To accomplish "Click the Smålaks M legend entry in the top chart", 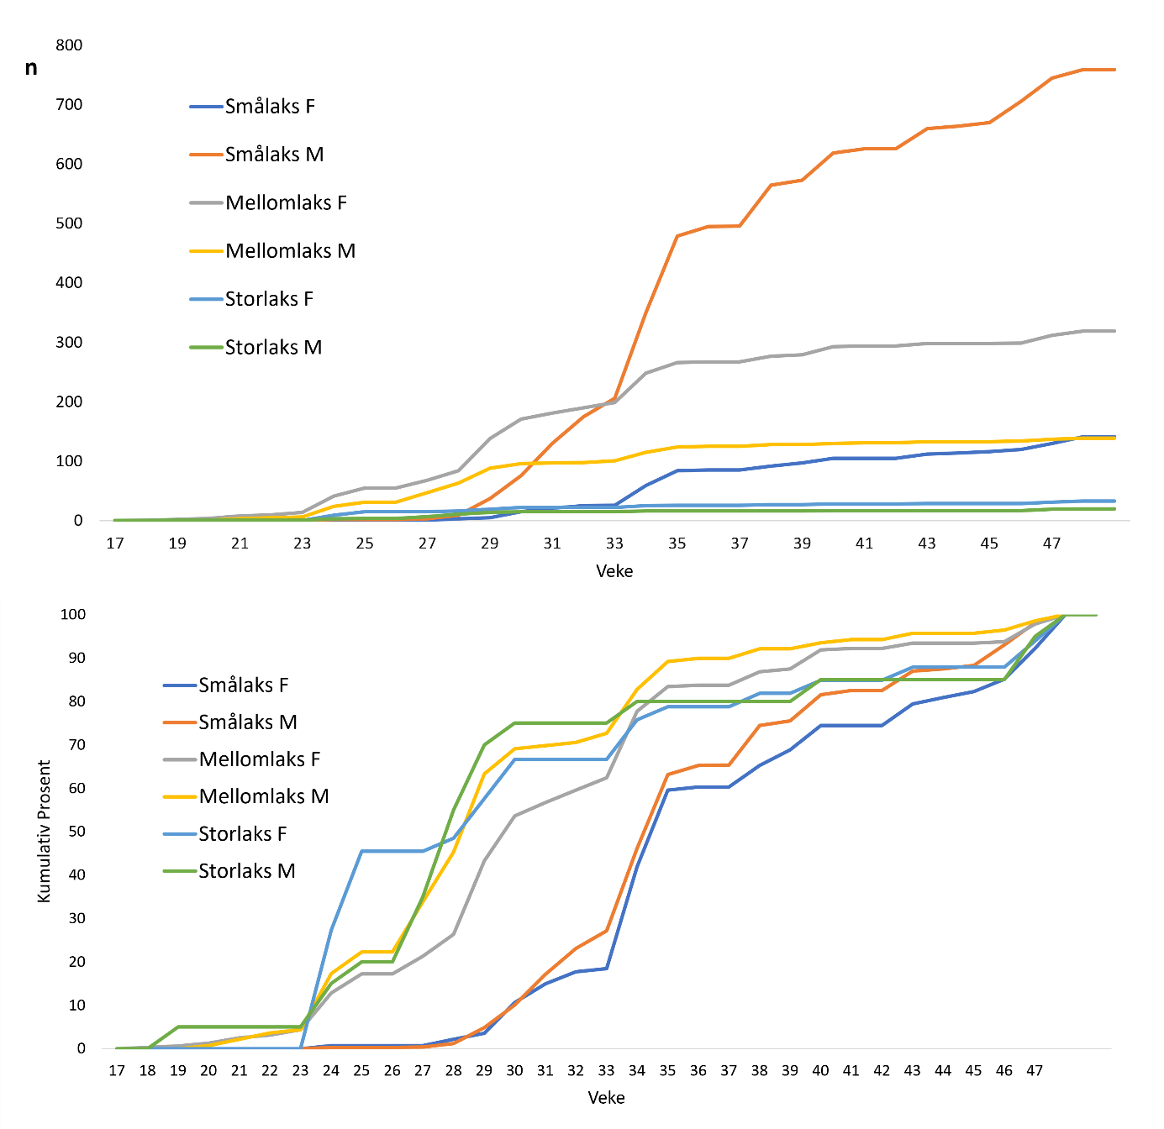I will (274, 155).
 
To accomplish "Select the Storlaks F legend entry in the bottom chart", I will (242, 834).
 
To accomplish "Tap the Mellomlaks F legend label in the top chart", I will (286, 202).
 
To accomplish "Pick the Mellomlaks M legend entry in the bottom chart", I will (263, 796).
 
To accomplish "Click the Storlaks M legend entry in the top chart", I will (273, 348).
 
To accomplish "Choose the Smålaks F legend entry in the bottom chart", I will (243, 685).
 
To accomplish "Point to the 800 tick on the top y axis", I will (69, 45).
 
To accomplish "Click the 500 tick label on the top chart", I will (69, 223).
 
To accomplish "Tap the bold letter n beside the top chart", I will (31, 68).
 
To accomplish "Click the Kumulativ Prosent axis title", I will (45, 832).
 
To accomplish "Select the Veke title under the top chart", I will (614, 571).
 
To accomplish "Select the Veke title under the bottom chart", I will (606, 1098).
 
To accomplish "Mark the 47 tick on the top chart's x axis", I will (1051, 543).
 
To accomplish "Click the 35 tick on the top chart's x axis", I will (677, 543).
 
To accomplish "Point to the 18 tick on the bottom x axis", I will (147, 1071).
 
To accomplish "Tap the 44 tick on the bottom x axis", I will (943, 1071).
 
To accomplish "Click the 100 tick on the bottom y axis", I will (72, 615).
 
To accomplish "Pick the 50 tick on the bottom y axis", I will (76, 832).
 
